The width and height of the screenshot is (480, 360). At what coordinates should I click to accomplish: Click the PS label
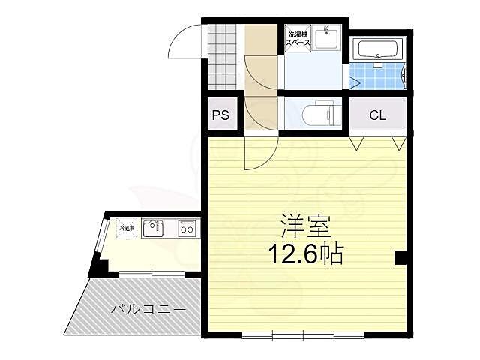tap(220, 115)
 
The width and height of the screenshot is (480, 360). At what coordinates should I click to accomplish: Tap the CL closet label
tap(377, 115)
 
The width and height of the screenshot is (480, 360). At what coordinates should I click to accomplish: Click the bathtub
tap(380, 50)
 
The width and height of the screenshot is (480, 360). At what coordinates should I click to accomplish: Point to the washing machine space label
tap(298, 38)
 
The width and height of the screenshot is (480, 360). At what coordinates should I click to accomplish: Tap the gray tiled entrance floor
tap(222, 56)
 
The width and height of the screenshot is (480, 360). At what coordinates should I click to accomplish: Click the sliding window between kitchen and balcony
tap(152, 274)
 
